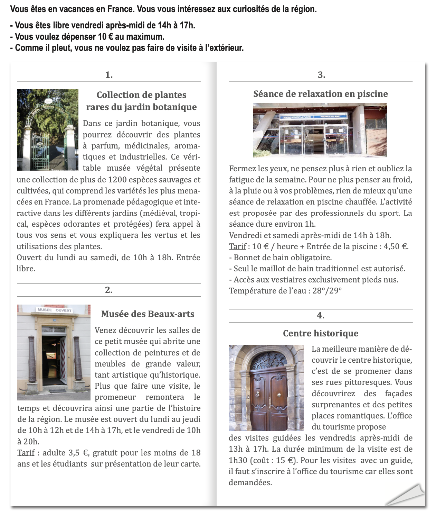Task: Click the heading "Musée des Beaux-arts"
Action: (148, 314)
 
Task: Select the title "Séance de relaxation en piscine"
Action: (320, 94)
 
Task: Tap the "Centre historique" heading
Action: (320, 333)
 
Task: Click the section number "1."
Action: (109, 75)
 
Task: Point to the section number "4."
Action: (320, 315)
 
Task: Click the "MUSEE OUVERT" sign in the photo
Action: (54, 310)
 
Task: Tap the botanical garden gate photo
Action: (48, 130)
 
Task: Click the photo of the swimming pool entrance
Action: (320, 130)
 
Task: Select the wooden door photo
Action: (266, 388)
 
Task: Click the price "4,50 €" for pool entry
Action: (396, 246)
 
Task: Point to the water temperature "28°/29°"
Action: (327, 291)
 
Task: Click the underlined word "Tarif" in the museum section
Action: (26, 453)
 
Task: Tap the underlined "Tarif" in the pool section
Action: (238, 246)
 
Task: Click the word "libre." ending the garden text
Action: (26, 269)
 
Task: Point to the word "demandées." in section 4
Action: (250, 482)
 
